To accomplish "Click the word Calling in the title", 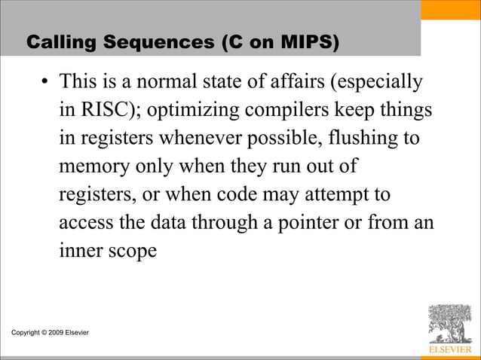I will (x=58, y=44).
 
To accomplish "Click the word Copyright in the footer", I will (x=24, y=332).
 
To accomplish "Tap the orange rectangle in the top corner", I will (x=461, y=10).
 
